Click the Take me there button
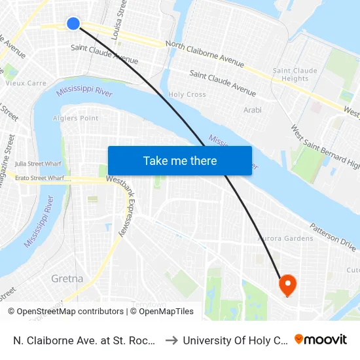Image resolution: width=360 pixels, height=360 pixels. click(x=180, y=161)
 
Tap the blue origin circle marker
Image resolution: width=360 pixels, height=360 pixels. click(x=73, y=24)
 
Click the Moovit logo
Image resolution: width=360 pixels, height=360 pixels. click(x=321, y=340)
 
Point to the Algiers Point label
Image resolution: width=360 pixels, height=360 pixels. click(x=75, y=118)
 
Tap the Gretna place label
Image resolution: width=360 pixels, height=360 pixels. click(x=67, y=279)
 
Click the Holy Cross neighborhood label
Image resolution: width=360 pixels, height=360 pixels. click(x=187, y=95)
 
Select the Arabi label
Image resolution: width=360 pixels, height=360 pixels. click(x=252, y=111)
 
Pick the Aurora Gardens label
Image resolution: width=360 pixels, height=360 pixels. click(x=286, y=238)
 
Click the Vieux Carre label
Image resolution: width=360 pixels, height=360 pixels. click(x=26, y=84)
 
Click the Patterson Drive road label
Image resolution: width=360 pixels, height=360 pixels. click(x=333, y=234)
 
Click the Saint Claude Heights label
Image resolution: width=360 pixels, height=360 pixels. click(x=295, y=75)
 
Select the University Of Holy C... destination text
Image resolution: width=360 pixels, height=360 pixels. click(x=235, y=340)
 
